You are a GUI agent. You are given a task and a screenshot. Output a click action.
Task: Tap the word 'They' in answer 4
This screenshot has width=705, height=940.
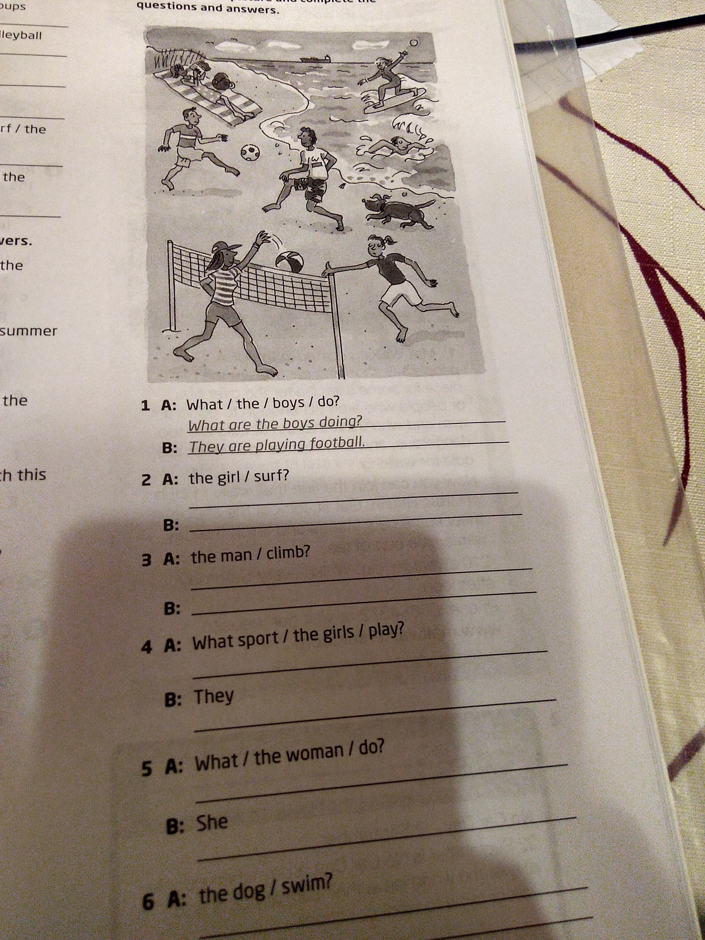214,697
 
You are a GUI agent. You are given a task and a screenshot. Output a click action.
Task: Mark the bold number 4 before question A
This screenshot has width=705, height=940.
147,648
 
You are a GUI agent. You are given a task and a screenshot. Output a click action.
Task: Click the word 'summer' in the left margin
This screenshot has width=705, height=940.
28,331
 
